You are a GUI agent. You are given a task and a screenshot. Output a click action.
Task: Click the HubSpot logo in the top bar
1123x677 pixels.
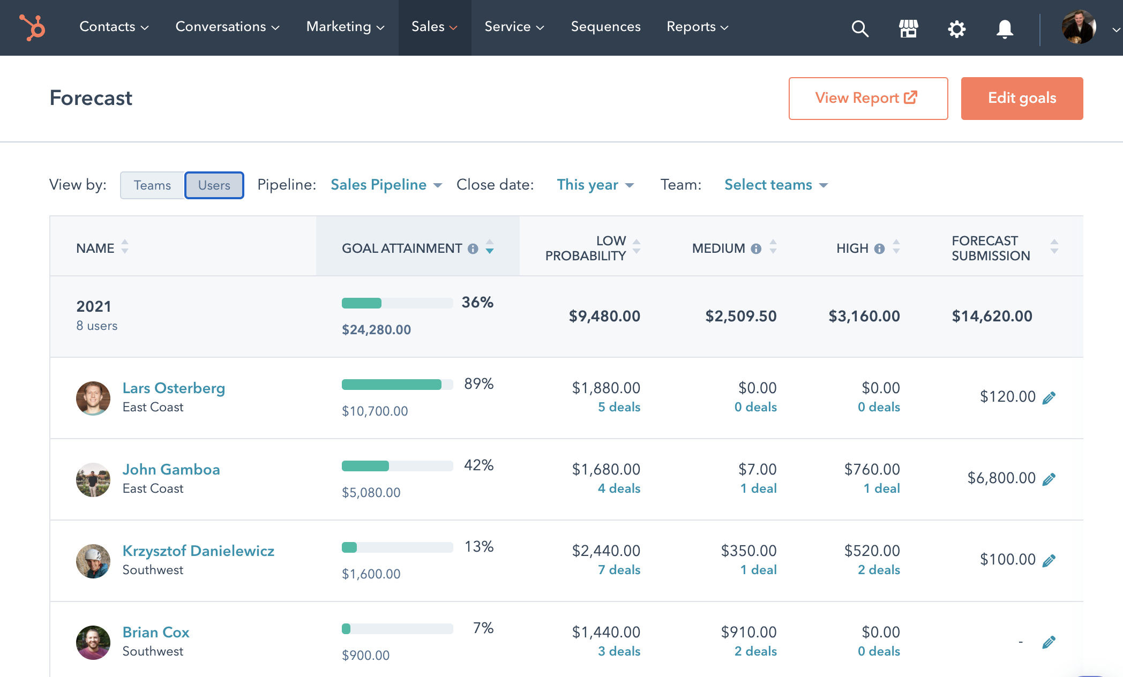32,27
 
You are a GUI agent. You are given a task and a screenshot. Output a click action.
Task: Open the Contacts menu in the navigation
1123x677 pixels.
114,27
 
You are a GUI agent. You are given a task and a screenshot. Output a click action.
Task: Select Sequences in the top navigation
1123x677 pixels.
605,27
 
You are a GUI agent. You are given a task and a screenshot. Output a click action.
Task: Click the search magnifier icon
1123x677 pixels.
860,28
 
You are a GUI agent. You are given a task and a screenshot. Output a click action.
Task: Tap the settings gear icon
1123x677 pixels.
956,28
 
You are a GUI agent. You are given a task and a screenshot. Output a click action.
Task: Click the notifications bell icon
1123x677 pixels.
1005,28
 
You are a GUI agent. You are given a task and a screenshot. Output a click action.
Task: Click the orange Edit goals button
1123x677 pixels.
1022,99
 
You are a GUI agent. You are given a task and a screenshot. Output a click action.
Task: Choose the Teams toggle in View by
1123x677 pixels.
152,185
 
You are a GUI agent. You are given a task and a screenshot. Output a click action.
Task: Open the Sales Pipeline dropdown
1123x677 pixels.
386,185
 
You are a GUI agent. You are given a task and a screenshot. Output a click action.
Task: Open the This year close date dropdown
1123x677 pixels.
595,185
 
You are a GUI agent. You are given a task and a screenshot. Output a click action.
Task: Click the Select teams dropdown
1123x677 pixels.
776,185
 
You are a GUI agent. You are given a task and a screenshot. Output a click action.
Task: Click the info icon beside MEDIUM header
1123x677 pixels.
756,249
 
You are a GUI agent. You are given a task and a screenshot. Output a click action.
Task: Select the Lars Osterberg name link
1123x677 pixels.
174,388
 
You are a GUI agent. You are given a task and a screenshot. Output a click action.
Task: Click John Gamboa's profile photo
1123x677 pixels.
93,479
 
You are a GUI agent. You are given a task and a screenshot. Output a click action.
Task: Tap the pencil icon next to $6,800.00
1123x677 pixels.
1049,479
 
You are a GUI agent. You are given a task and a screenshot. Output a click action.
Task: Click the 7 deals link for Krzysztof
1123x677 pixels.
619,570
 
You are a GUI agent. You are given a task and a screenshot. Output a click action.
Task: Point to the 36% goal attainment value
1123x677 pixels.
477,303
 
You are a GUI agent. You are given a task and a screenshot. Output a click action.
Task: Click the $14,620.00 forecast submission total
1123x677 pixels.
992,316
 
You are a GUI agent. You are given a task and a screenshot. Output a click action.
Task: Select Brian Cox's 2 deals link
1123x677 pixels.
755,651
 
